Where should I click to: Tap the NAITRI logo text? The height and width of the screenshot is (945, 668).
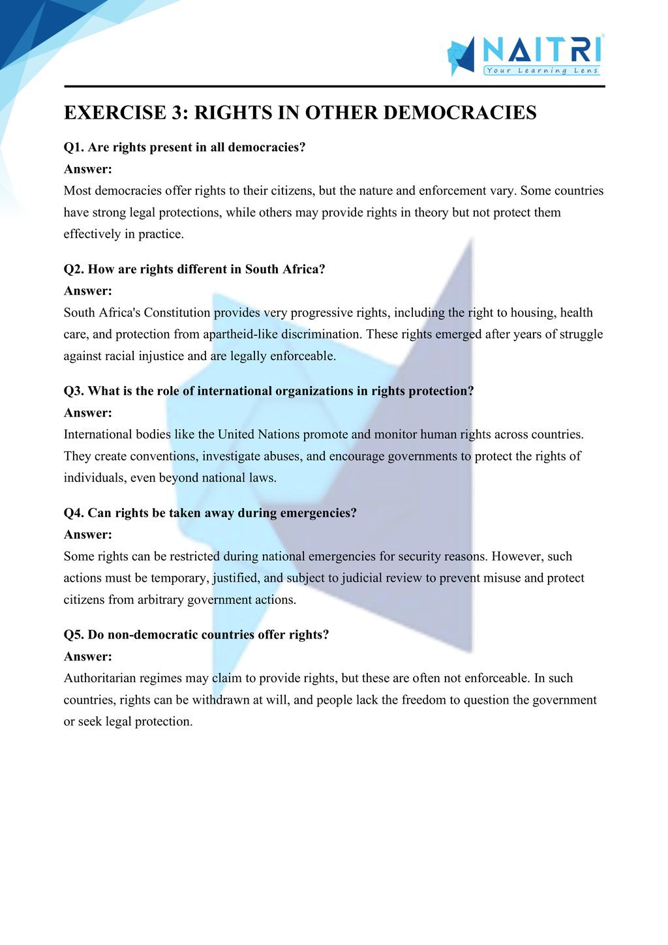541,50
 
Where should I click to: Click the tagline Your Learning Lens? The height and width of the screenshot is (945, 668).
542,70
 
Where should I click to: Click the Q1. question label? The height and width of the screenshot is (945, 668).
74,147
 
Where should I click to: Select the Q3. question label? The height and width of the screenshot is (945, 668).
74,391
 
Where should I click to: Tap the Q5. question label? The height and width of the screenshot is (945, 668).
74,635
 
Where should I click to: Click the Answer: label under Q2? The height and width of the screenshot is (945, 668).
88,291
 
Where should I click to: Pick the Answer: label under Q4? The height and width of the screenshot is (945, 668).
88,535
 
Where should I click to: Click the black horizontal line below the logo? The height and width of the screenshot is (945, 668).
334,86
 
